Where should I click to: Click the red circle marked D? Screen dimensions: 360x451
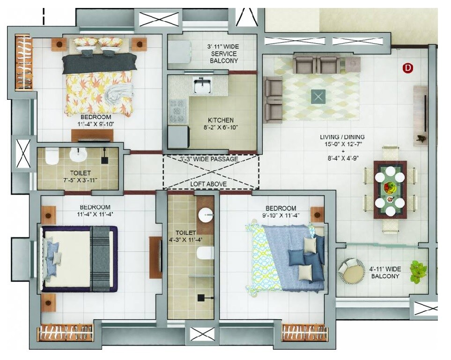click(408, 68)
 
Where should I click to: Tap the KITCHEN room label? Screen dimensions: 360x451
click(221, 120)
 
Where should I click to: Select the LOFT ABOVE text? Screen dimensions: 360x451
click(208, 184)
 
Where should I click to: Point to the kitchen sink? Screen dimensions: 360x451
click(203, 86)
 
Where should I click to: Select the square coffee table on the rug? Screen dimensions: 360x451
click(318, 97)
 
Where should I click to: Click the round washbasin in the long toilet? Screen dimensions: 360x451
click(205, 216)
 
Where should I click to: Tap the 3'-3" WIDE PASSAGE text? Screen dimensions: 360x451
click(209, 159)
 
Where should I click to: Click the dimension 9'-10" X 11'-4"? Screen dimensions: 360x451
click(281, 216)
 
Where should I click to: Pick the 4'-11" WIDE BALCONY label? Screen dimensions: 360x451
click(385, 272)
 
